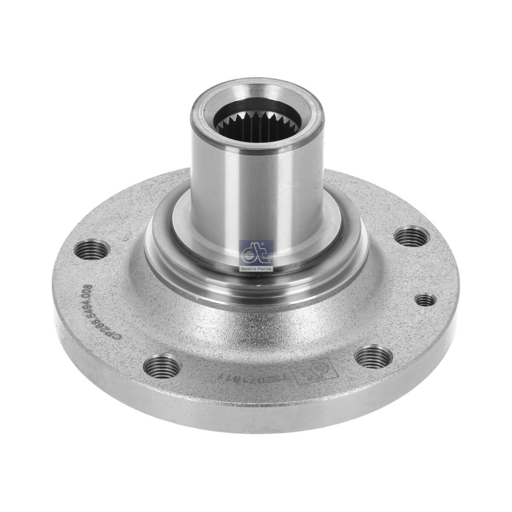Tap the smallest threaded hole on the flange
425,300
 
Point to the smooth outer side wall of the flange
256,405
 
